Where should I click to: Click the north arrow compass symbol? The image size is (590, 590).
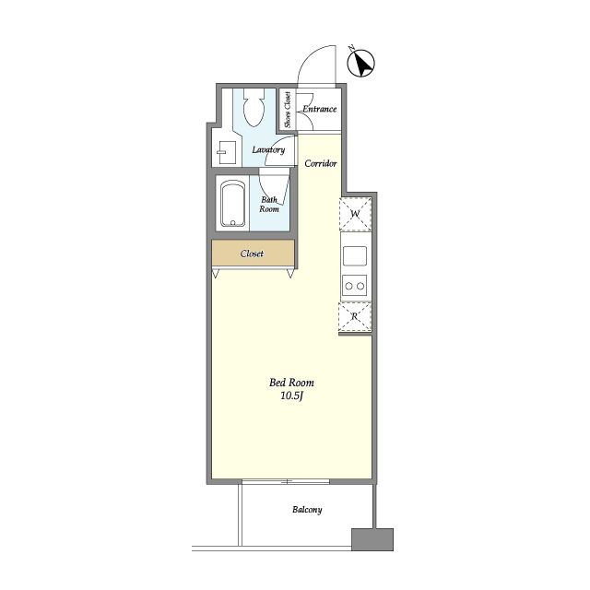pos(360,64)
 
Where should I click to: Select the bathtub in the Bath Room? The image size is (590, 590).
pos(232,204)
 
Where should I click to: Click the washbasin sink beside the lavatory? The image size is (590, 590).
pos(227,152)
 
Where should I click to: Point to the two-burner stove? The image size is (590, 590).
pos(354,286)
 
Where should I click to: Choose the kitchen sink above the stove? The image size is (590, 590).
pos(354,256)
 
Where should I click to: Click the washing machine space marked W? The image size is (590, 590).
pos(355,214)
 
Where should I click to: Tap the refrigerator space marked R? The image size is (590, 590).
pos(355,316)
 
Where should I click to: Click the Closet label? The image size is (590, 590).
pos(252,254)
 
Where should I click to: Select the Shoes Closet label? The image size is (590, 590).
pos(288,110)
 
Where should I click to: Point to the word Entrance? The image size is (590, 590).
pos(320,109)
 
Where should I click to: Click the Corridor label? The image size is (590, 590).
pos(321,163)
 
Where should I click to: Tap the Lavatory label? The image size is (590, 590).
pos(268,149)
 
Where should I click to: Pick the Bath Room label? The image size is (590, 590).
pos(269,205)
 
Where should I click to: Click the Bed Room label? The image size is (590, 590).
pos(291,383)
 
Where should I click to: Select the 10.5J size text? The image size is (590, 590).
pos(292,395)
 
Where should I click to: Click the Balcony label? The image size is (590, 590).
pos(307,510)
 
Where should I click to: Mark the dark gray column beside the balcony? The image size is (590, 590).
pos(372,539)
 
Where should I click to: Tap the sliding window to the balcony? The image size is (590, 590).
pos(286,481)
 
